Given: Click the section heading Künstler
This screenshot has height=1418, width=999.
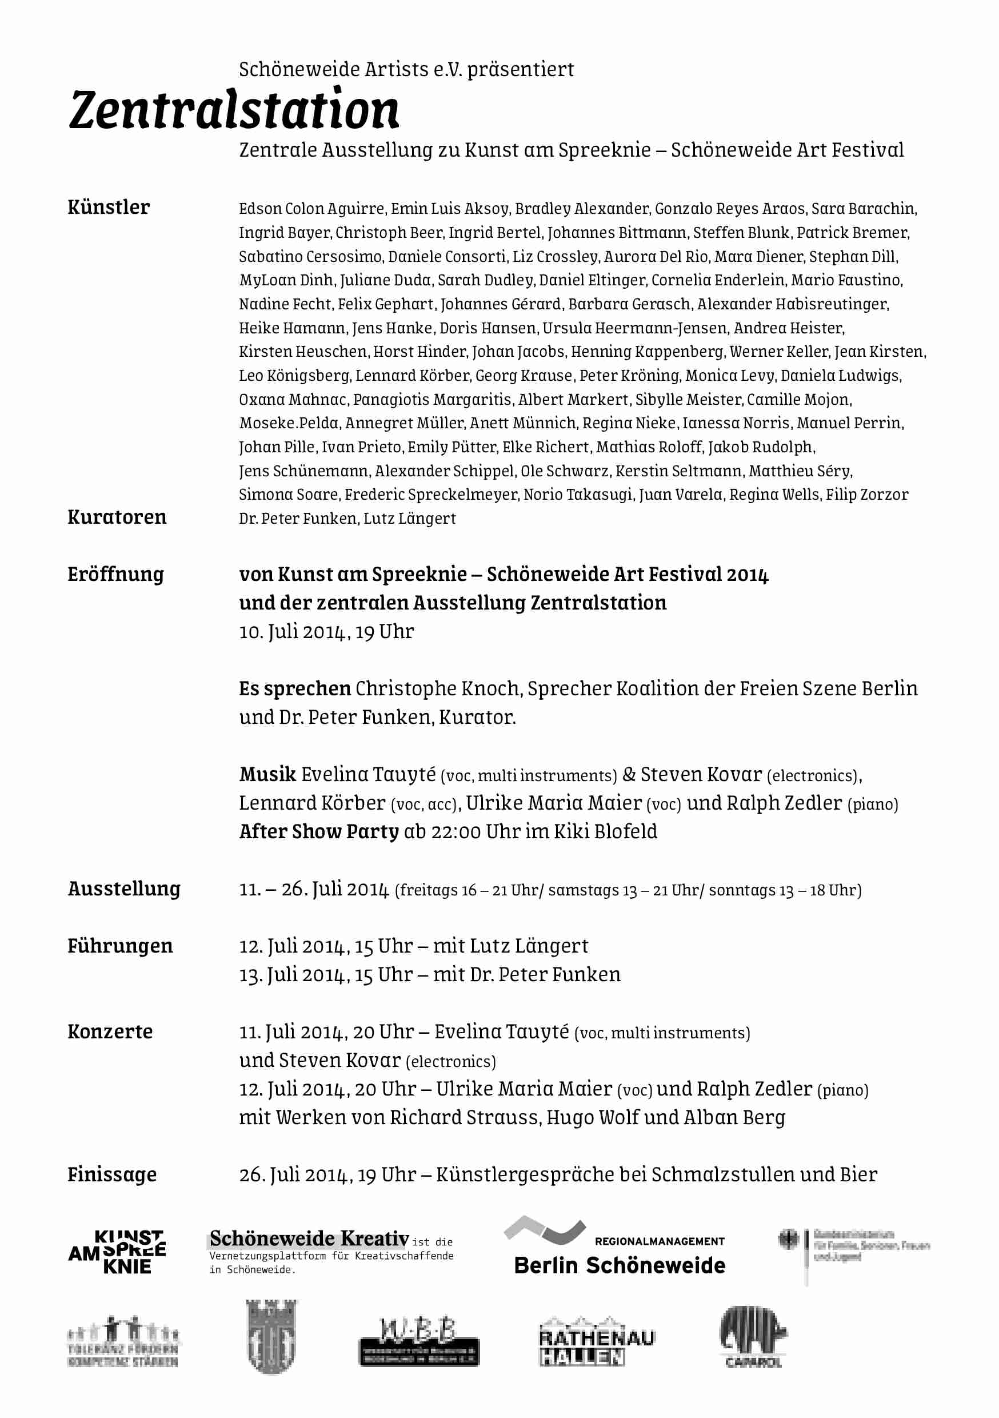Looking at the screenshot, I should pos(109,207).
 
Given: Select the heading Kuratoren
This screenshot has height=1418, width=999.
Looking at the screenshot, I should pos(117,517).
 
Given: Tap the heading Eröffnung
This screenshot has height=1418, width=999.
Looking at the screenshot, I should pos(115,575).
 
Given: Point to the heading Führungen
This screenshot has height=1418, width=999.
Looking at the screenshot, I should pos(120,946).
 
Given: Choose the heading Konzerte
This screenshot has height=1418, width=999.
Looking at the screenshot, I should pos(110,1032).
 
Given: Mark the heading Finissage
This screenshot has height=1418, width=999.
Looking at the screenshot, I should pos(112,1174).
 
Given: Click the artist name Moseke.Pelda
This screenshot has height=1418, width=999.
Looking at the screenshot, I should pos(289,423).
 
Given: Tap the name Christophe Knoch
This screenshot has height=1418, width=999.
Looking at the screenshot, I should pos(438,688).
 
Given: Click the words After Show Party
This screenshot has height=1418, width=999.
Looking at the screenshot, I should pos(318,832).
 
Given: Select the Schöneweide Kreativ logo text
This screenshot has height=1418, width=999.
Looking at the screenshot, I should pos(309,1239).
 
